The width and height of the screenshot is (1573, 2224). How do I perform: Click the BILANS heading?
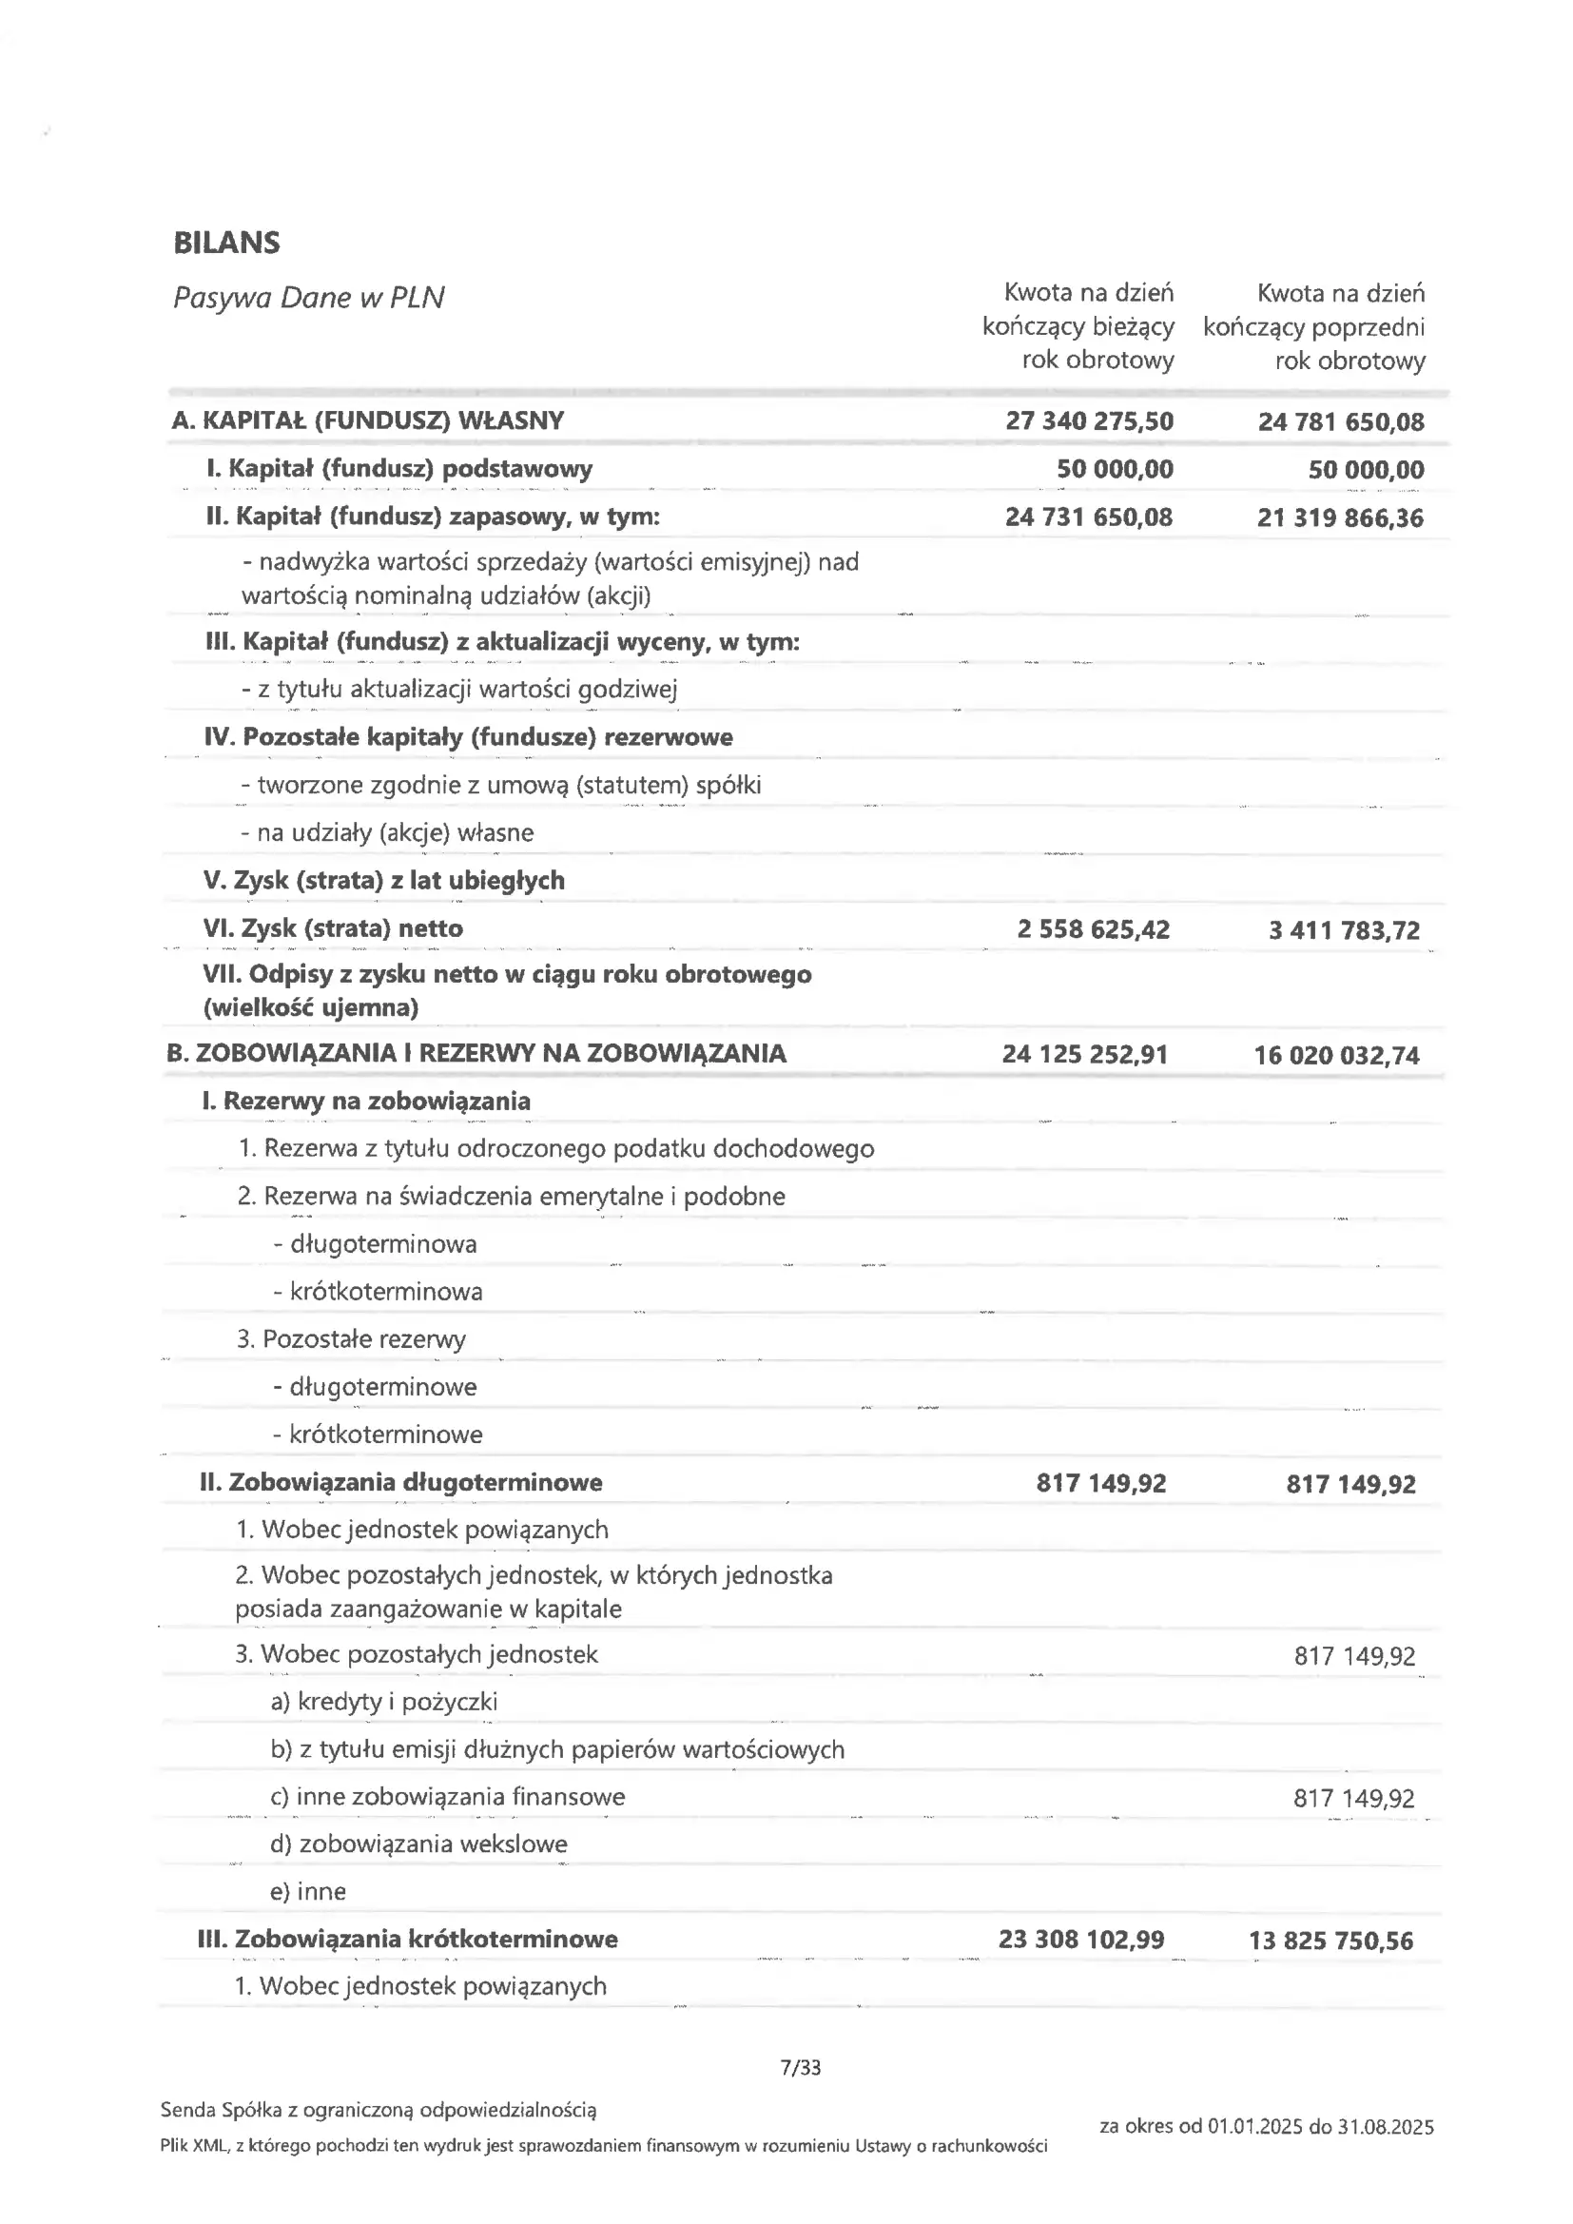click(226, 243)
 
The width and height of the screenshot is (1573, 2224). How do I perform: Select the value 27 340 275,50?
click(1089, 421)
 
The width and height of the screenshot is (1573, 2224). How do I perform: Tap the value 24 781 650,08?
click(1341, 422)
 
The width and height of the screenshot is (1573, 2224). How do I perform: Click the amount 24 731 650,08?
click(1089, 517)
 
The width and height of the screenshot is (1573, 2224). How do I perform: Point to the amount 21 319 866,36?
click(1341, 518)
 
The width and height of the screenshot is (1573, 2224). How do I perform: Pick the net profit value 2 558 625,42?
click(1093, 930)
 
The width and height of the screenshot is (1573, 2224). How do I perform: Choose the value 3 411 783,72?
click(1344, 931)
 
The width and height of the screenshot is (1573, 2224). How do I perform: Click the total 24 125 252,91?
click(1085, 1054)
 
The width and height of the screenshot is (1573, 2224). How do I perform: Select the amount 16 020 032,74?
click(1336, 1056)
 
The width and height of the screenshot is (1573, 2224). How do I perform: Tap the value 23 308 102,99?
click(1081, 1940)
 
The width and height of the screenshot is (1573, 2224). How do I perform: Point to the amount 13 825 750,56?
click(1330, 1941)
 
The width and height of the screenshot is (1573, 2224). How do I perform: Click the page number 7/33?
click(800, 2068)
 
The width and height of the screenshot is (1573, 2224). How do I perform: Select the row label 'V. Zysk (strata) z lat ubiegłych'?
click(383, 881)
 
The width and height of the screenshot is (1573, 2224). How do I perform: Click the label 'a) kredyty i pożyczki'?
click(383, 1702)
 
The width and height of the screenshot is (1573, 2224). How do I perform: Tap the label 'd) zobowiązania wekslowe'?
click(418, 1844)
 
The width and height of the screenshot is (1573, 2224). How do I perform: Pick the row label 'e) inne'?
click(308, 1892)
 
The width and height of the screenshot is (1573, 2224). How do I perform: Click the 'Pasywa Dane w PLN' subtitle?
click(308, 298)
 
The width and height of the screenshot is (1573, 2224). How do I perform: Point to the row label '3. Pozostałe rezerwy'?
click(351, 1339)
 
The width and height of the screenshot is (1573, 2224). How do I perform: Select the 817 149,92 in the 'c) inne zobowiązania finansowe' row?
click(1353, 1799)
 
